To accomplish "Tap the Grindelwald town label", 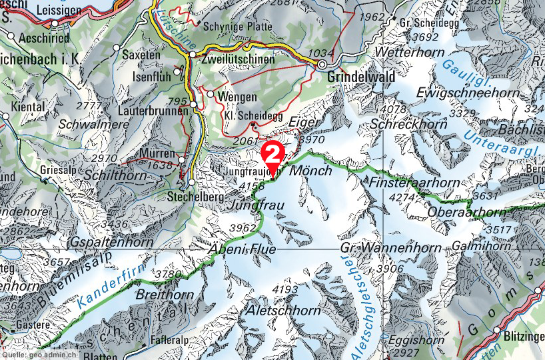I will [x=360, y=77].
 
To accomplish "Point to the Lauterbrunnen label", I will [x=155, y=111].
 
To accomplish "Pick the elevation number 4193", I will [x=285, y=289].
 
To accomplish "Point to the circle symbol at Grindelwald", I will [x=322, y=65].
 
